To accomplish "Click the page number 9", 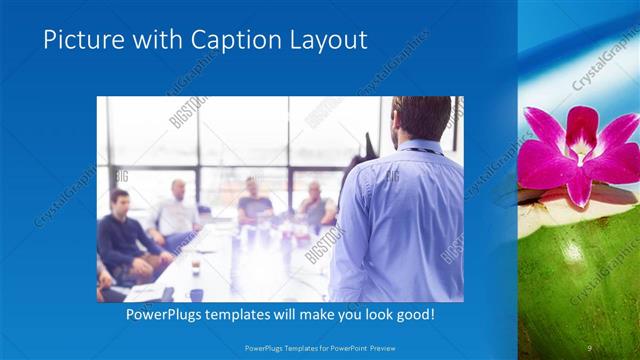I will [590, 347].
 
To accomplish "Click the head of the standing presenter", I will [420, 118].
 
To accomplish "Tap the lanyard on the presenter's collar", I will [420, 150].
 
